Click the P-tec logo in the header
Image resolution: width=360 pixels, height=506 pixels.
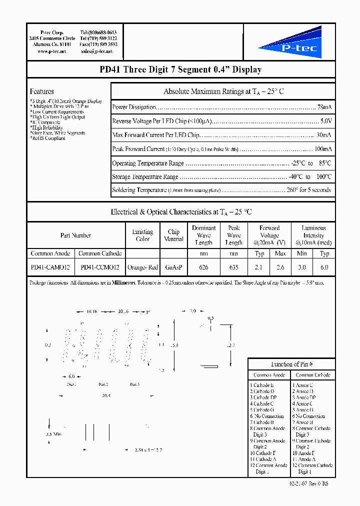(290, 43)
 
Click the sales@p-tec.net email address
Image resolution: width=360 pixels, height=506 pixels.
(96, 51)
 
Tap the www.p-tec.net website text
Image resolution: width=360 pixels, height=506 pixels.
(51, 51)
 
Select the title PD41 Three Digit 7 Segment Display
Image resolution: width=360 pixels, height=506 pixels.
(180, 69)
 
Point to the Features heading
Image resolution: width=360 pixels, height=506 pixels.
(42, 91)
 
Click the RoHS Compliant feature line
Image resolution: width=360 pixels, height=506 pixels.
(48, 138)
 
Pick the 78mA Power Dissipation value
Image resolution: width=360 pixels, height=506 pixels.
(323, 107)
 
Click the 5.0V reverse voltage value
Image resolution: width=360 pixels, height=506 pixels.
(325, 121)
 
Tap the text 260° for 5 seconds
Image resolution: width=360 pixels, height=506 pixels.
(308, 190)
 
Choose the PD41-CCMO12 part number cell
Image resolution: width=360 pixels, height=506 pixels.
(100, 267)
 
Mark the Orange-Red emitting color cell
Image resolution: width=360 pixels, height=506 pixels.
(142, 267)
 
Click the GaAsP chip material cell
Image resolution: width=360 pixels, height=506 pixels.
(173, 267)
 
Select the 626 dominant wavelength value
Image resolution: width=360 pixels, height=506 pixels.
(203, 267)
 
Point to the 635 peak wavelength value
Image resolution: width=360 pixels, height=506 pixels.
(233, 267)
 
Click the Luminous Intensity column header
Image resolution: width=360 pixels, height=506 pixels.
(313, 235)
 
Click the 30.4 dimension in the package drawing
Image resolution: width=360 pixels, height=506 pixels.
(106, 395)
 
